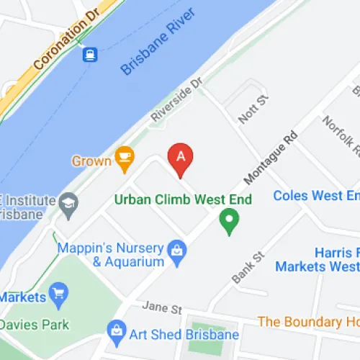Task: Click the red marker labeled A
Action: [181, 158]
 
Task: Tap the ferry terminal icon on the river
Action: [90, 55]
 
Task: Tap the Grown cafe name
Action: [91, 160]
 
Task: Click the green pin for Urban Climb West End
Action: [229, 220]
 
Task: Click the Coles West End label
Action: [317, 196]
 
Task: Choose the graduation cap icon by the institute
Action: [69, 202]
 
